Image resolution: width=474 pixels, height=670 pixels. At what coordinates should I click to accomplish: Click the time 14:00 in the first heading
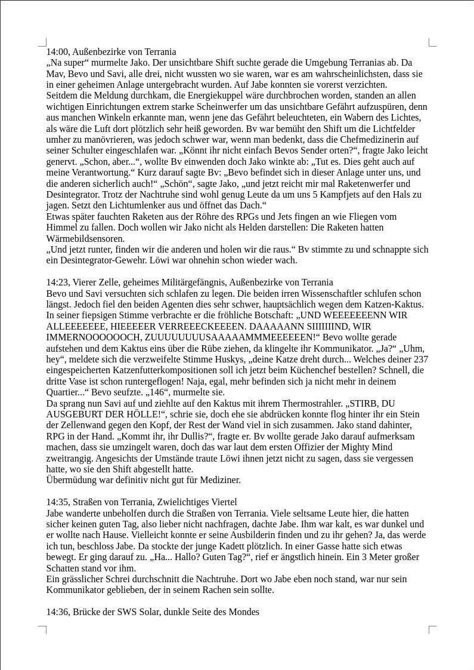click(x=58, y=52)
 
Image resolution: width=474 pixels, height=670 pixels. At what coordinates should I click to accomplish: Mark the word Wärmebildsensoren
click(x=85, y=239)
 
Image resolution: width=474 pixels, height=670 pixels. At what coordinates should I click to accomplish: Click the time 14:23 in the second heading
click(x=58, y=282)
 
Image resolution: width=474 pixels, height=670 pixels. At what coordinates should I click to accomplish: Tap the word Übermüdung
click(x=71, y=480)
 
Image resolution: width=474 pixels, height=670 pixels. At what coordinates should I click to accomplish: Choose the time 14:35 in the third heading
click(x=58, y=502)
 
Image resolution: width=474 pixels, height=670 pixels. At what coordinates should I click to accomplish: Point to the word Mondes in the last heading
click(x=244, y=612)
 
